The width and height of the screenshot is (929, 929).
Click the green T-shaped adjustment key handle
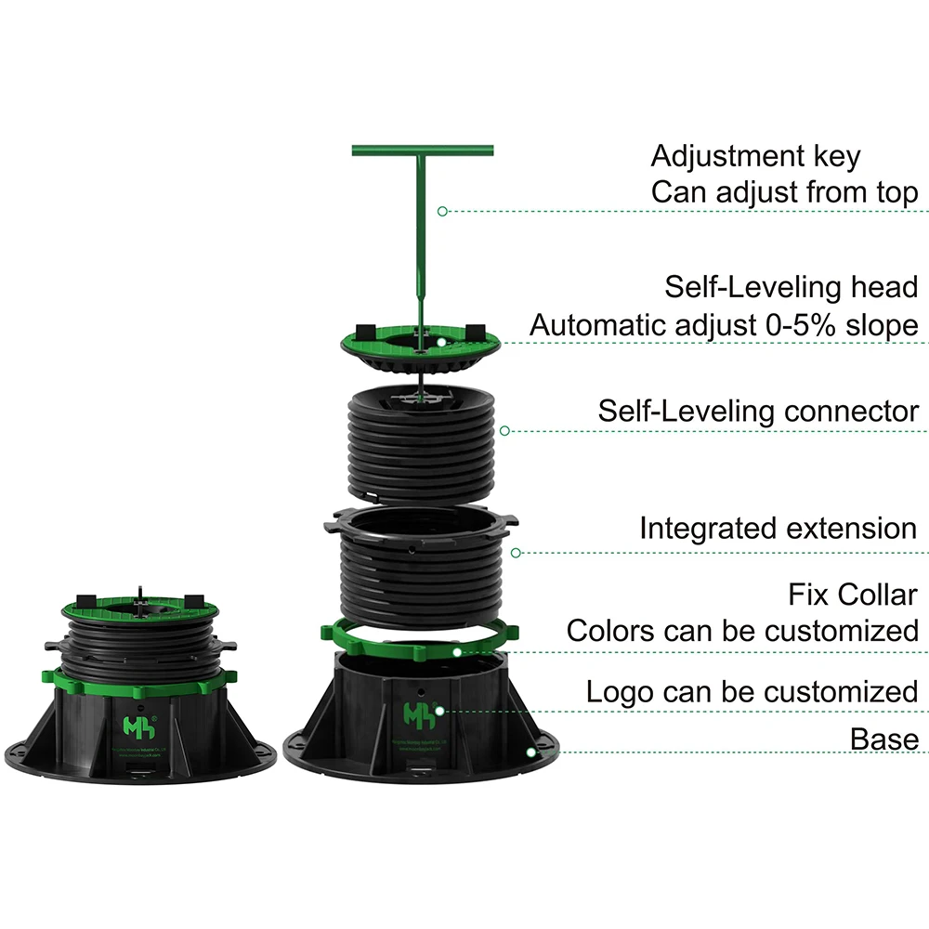click(x=423, y=150)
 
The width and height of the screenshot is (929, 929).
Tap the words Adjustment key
click(x=755, y=156)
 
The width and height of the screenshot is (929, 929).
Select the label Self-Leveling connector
click(x=758, y=411)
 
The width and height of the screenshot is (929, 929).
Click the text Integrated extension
click(x=778, y=529)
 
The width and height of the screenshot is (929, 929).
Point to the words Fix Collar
click(x=852, y=594)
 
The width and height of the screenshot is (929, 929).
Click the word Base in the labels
click(x=883, y=739)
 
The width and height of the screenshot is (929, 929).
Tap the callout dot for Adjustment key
click(x=442, y=212)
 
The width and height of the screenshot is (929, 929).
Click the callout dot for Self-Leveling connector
click(x=504, y=431)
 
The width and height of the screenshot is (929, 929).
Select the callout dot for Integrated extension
click(x=517, y=553)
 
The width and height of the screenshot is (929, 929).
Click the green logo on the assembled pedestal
click(x=136, y=723)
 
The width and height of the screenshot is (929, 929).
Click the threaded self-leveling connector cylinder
click(x=420, y=437)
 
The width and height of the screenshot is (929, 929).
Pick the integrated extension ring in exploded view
click(x=420, y=557)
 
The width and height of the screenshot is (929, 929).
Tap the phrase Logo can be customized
click(x=752, y=691)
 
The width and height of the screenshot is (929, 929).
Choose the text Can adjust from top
click(x=784, y=192)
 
